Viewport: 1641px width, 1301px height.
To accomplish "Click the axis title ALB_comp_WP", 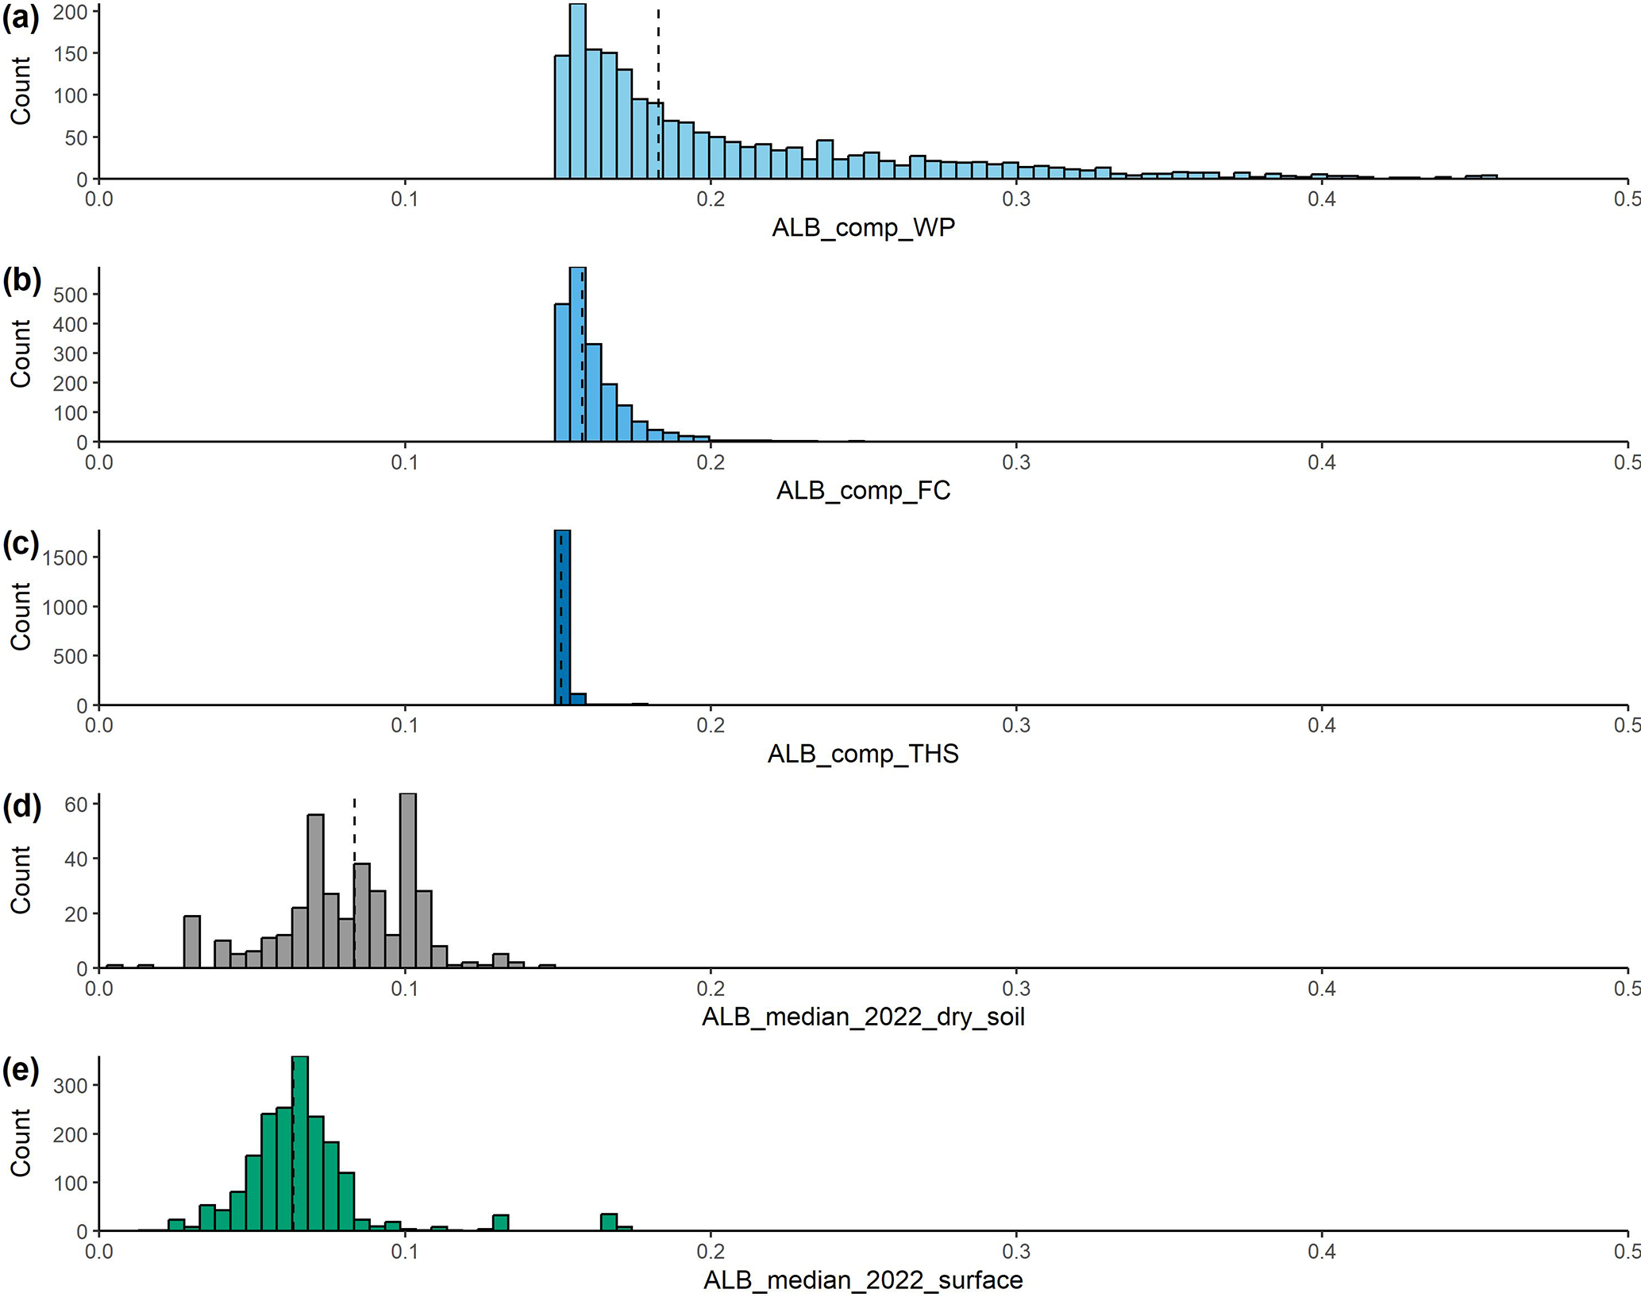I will (x=863, y=228).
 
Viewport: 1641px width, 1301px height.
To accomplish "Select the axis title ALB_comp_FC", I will (x=863, y=491).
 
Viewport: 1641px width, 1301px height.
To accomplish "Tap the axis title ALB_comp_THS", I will (x=863, y=754).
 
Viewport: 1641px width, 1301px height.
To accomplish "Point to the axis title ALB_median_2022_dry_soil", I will (x=863, y=1017).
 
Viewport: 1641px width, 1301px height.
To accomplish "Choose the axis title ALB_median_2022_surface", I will (x=863, y=1280).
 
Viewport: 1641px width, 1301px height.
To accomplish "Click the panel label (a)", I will (x=21, y=17).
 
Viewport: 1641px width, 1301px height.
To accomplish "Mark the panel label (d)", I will (x=21, y=807).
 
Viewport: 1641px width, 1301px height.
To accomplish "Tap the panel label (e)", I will (x=21, y=1071).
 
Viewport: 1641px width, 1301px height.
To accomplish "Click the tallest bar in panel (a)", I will (x=578, y=91).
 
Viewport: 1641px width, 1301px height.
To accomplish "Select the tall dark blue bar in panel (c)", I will (x=562, y=618).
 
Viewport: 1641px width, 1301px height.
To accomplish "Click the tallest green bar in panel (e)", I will (x=301, y=1144).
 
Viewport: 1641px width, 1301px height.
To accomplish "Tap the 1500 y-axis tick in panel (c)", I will (x=66, y=558).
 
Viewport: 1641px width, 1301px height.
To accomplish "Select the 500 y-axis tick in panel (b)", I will (x=71, y=295).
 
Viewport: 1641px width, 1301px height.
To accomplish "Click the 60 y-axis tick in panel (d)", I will (x=75, y=804).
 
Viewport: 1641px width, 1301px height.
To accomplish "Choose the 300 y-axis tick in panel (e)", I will (x=71, y=1085).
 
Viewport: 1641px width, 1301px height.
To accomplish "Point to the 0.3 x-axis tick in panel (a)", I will (x=1016, y=199).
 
